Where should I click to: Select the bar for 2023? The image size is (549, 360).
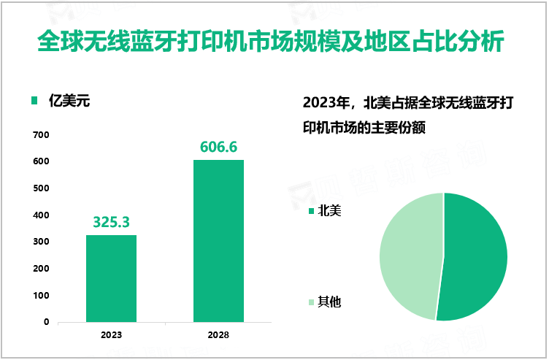tap(111, 278)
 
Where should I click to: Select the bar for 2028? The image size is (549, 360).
tap(218, 240)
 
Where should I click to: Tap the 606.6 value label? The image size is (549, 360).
tap(218, 147)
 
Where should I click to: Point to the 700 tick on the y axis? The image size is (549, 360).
tap(41, 134)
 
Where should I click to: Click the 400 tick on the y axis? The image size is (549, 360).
tap(41, 215)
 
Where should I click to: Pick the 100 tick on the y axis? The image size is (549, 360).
tap(41, 296)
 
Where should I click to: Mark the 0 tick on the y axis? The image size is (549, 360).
tap(46, 322)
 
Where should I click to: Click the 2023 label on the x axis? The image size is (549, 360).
tap(111, 335)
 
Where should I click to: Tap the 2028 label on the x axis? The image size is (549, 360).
tap(218, 335)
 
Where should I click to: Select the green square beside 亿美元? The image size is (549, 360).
tap(34, 102)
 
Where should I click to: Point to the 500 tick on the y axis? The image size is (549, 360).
tap(41, 188)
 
